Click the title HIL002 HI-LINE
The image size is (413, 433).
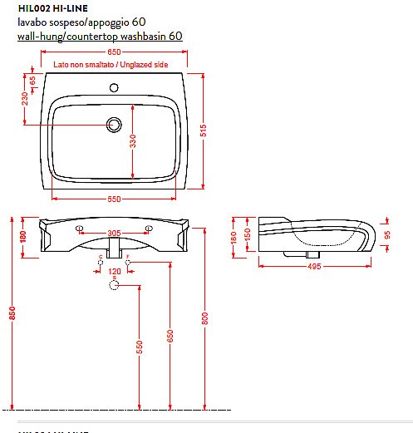point(52,8)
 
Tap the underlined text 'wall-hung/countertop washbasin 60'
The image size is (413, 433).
point(100,37)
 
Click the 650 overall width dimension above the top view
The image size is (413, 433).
point(112,52)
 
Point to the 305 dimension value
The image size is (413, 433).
point(115,234)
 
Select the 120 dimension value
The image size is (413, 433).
point(115,272)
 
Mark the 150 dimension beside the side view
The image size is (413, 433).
point(248,237)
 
